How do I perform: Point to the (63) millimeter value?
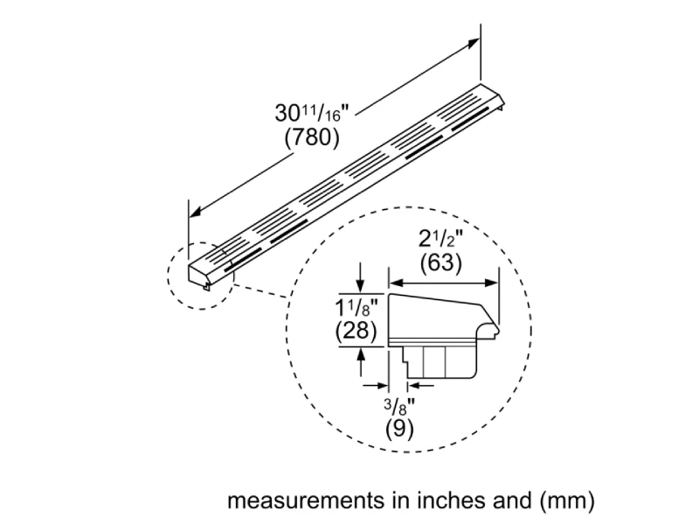tap(441, 262)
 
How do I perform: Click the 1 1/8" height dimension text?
tap(356, 309)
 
